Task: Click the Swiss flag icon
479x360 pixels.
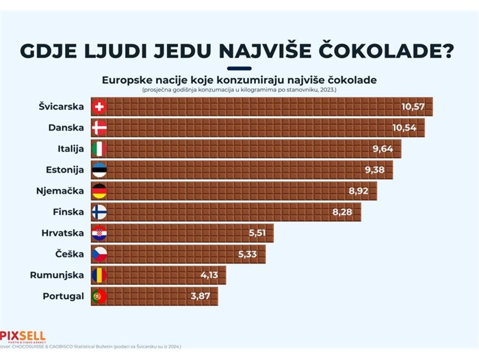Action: pos(99,107)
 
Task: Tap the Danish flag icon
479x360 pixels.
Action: pos(99,128)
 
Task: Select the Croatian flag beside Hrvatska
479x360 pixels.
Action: pos(99,233)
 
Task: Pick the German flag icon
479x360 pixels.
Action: pos(99,191)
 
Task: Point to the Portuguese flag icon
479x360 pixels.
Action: pos(99,296)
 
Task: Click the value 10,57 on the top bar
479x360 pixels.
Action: pos(413,107)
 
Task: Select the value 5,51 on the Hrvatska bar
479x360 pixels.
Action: pos(260,233)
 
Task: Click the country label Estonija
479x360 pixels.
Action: pos(66,170)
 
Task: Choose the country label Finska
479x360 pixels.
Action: pos(68,212)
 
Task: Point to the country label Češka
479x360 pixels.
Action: pos(70,254)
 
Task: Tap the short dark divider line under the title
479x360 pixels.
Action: pos(239,68)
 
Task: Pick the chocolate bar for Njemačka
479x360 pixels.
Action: pos(239,191)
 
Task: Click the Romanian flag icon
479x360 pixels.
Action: pos(99,275)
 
